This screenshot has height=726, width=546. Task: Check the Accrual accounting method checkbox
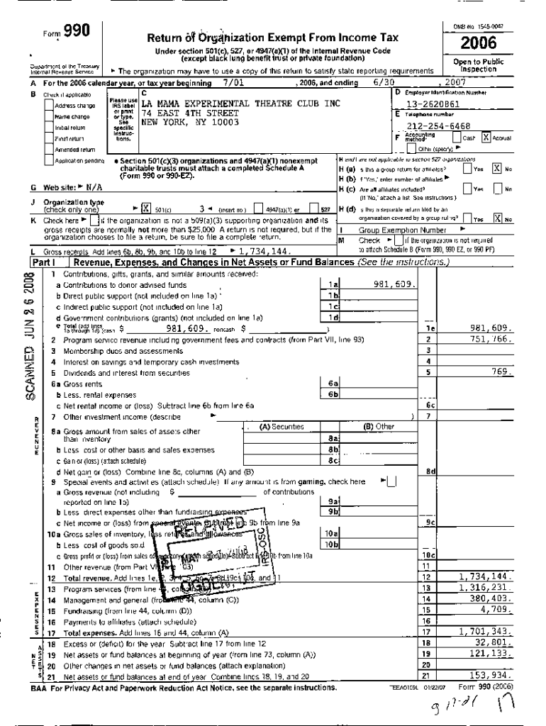[486, 138]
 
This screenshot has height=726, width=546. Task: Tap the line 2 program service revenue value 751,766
[489, 339]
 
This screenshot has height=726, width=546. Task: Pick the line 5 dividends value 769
[501, 372]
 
